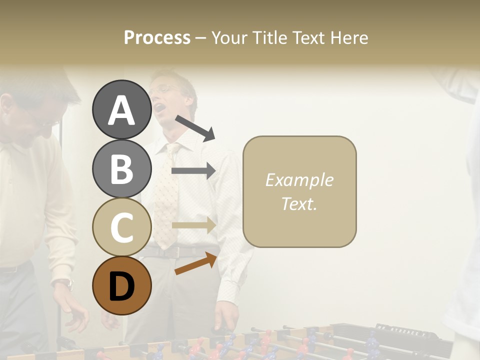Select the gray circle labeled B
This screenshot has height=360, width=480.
(121, 168)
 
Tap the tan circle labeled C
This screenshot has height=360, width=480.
(121, 227)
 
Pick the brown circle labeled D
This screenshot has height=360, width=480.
(121, 285)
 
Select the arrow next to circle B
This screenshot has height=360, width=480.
(193, 171)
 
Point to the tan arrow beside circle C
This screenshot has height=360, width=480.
(193, 225)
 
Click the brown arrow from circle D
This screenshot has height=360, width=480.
(195, 264)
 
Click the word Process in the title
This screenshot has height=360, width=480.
(157, 38)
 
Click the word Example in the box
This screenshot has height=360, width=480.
(299, 180)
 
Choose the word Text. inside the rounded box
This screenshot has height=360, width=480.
(299, 203)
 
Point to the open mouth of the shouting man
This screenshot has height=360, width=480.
(158, 107)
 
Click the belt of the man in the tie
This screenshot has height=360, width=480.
(175, 252)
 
